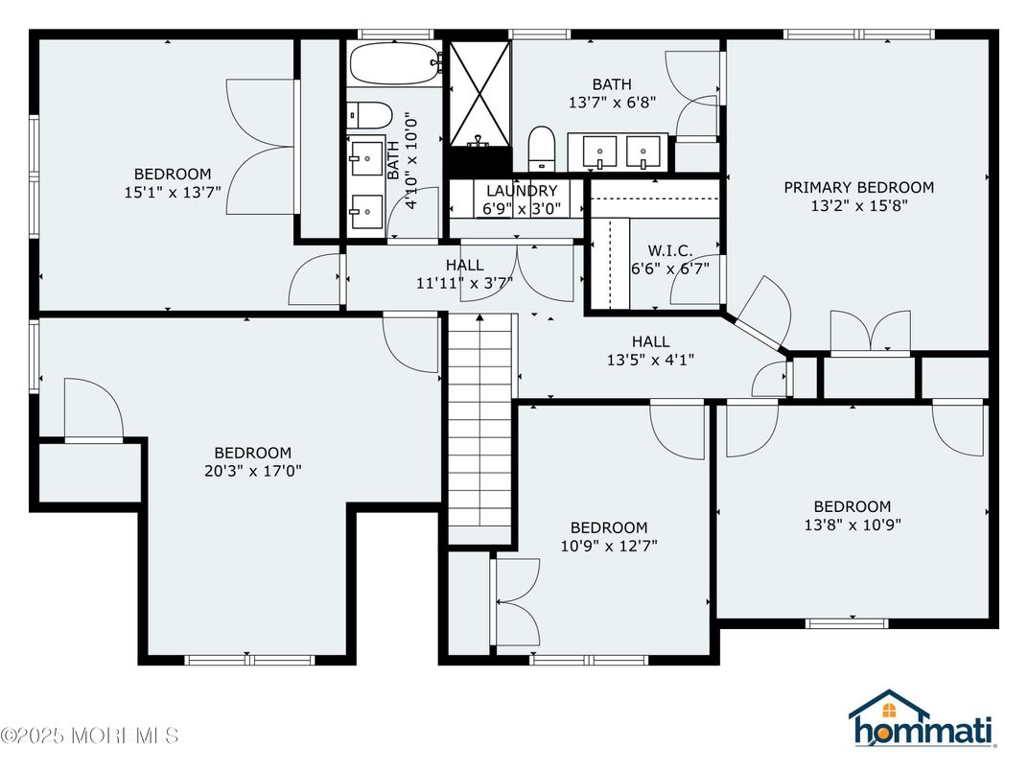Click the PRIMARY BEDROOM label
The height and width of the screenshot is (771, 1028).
(x=858, y=187)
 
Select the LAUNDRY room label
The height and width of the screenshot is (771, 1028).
(x=521, y=191)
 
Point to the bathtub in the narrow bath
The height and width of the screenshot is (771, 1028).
(x=393, y=64)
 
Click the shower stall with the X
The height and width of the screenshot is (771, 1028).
(x=480, y=93)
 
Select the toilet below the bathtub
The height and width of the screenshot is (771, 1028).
(x=369, y=115)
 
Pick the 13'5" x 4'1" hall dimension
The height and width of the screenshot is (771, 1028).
(x=650, y=360)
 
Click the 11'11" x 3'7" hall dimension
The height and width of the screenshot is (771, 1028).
(x=464, y=283)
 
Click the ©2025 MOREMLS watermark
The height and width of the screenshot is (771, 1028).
(x=90, y=736)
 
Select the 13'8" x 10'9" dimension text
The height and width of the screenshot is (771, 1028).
(x=852, y=525)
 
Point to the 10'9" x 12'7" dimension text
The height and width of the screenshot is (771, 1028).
(x=608, y=546)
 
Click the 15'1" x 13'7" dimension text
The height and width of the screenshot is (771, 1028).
(x=173, y=192)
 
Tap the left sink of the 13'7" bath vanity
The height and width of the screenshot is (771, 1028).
(x=601, y=152)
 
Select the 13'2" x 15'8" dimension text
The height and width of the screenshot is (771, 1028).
(x=858, y=205)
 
